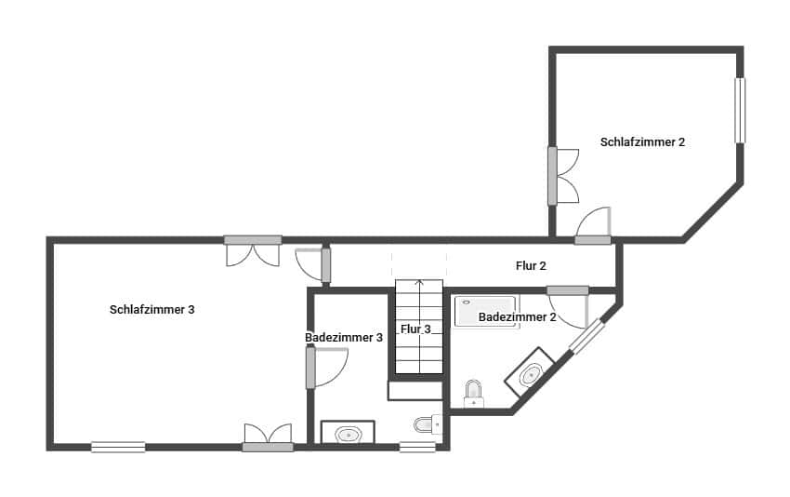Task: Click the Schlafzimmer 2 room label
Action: click(643, 142)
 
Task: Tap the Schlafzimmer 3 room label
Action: click(151, 310)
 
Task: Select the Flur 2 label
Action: click(531, 266)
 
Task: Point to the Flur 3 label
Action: click(415, 329)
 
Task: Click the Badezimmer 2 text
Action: click(517, 317)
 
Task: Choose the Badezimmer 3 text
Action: click(344, 338)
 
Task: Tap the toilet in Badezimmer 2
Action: click(474, 394)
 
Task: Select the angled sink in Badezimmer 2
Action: click(530, 373)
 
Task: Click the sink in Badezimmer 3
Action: click(348, 433)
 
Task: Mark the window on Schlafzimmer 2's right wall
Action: click(740, 111)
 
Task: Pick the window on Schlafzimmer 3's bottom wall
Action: click(118, 447)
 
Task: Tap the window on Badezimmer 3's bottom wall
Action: click(417, 447)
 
